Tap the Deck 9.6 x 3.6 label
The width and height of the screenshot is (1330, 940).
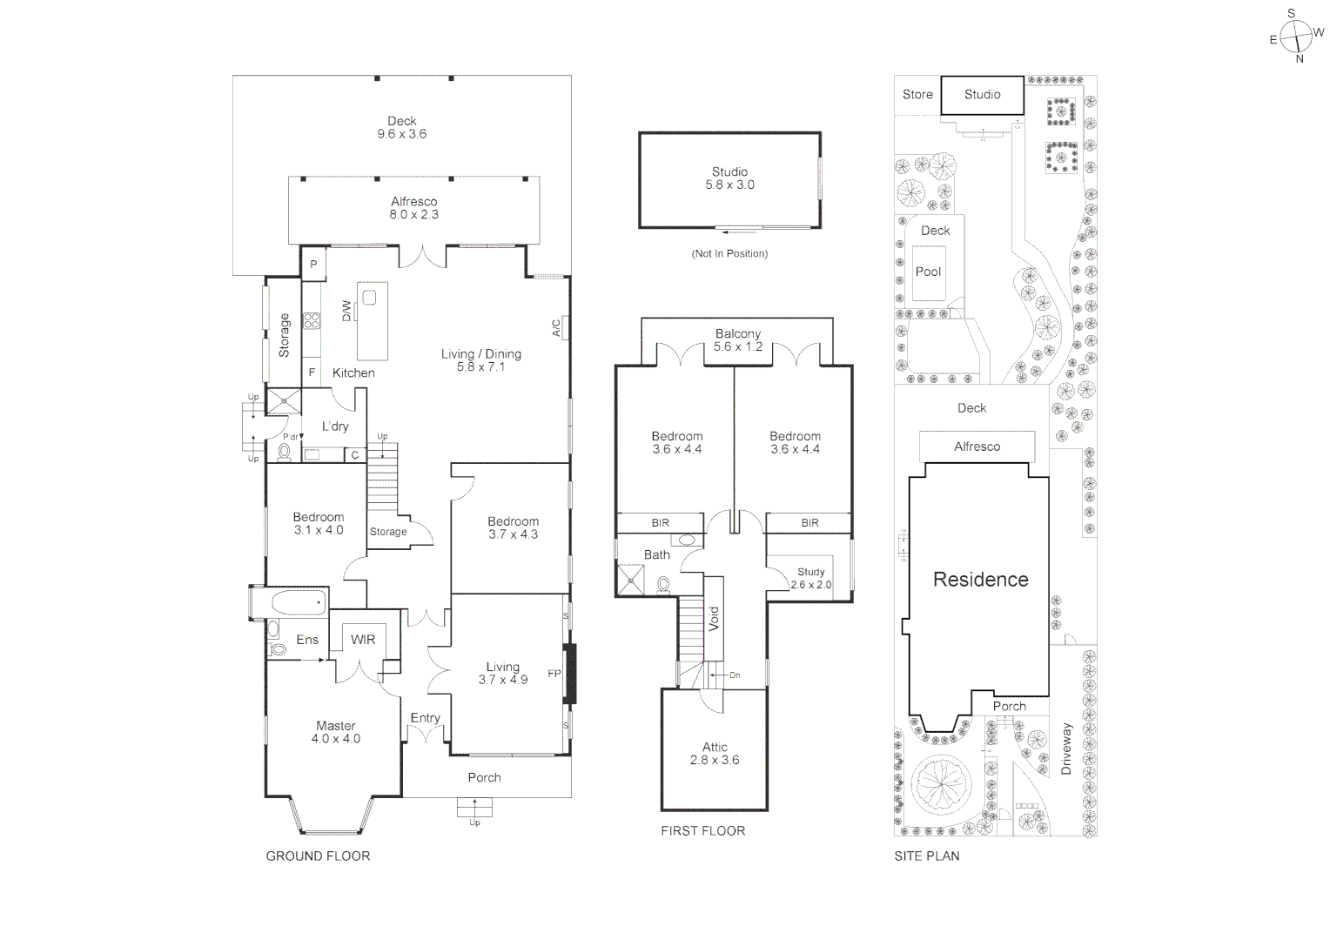[x=401, y=128]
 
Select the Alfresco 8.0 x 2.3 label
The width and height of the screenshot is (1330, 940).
[x=413, y=208]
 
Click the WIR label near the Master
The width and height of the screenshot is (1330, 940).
[x=363, y=640]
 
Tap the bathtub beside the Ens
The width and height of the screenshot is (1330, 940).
[x=297, y=602]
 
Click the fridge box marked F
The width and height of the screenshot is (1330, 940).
[x=312, y=373]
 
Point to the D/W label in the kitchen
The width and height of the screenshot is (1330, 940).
[x=346, y=310]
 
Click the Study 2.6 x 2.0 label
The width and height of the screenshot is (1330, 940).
[x=810, y=579]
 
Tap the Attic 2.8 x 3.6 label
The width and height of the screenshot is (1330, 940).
[x=715, y=753]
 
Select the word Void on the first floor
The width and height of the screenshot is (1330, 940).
[x=714, y=619]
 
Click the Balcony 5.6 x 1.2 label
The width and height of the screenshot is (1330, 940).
[x=737, y=340]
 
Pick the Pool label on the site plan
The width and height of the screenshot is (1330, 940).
[x=928, y=272]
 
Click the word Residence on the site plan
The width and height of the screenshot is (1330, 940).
[x=980, y=580]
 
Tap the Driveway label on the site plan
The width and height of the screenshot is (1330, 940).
[x=1066, y=749]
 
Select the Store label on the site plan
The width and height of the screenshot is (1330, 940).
[x=917, y=94]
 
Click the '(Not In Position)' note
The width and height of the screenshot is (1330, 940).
[x=729, y=253]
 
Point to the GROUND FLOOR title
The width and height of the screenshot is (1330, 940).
[x=318, y=856]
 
